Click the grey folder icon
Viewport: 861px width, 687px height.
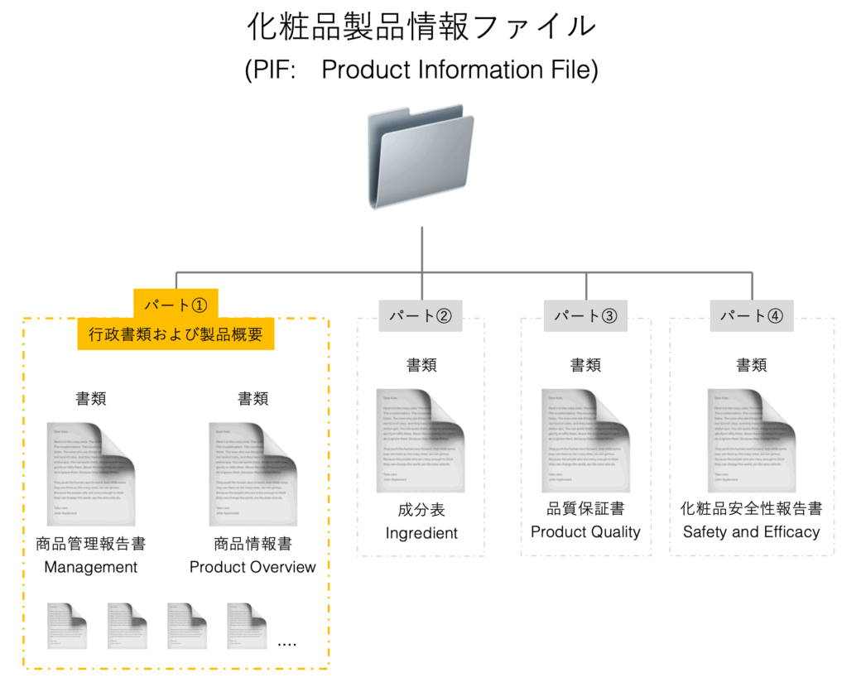(x=421, y=158)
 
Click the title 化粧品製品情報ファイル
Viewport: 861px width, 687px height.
(x=421, y=26)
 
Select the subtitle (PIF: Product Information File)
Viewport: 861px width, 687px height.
(x=421, y=70)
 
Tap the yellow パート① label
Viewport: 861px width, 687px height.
(x=176, y=304)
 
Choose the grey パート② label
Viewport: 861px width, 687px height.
(x=421, y=315)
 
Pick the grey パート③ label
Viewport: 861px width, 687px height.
(x=585, y=315)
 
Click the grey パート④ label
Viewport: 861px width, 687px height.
(x=752, y=315)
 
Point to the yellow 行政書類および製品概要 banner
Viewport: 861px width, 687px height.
(x=176, y=335)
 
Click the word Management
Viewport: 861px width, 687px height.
(x=90, y=567)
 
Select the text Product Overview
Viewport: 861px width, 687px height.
(x=253, y=567)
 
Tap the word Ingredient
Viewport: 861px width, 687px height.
(x=421, y=533)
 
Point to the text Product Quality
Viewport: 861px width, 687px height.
(x=585, y=532)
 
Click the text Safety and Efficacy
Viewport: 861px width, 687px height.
(x=752, y=532)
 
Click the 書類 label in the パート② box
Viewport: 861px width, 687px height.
(x=421, y=365)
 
